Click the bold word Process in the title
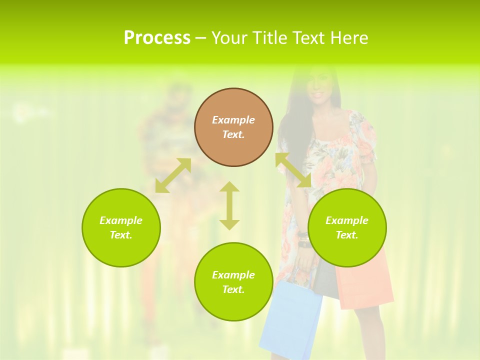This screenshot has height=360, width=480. [157, 37]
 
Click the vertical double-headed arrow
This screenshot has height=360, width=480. [229, 205]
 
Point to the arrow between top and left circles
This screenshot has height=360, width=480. [173, 175]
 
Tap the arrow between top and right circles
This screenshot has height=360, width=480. [293, 170]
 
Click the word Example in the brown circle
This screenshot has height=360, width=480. [233, 120]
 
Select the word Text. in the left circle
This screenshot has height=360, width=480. [121, 235]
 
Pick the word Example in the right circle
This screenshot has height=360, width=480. [347, 220]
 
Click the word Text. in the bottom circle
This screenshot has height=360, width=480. [233, 289]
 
